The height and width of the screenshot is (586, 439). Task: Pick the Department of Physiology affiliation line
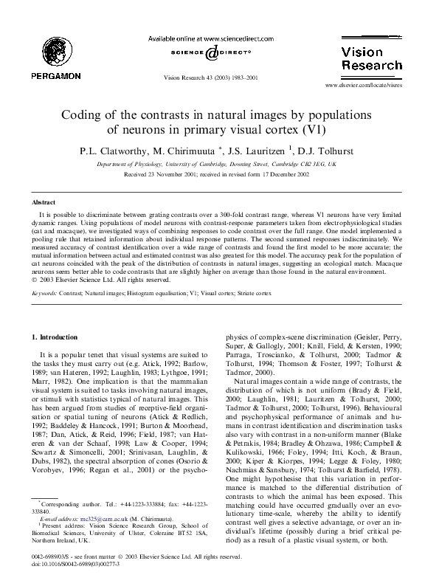click(x=219, y=164)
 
